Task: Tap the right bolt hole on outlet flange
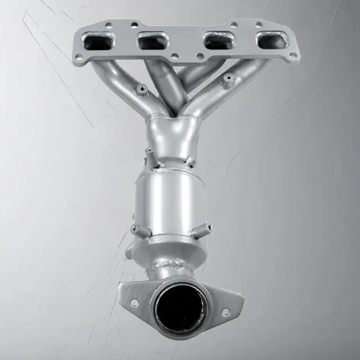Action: pyautogui.click(x=225, y=311)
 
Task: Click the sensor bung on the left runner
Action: pyautogui.click(x=140, y=91)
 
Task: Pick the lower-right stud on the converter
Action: pyautogui.click(x=206, y=228)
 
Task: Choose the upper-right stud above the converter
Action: pyautogui.click(x=188, y=160)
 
